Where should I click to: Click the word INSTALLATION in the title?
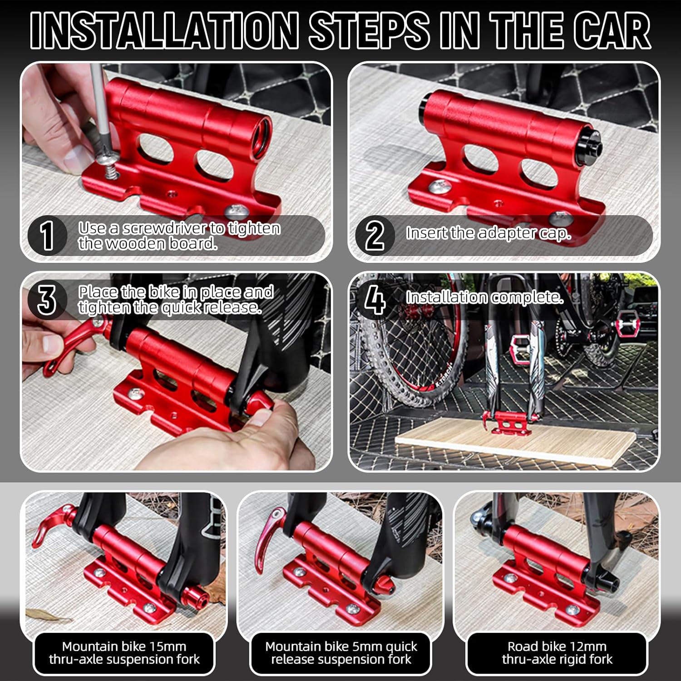pos(164,30)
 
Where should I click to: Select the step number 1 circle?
pos(47,235)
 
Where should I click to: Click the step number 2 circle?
pos(374,235)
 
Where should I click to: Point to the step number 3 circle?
pos(47,300)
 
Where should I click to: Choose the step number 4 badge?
pos(374,300)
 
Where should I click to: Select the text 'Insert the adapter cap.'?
pos(488,233)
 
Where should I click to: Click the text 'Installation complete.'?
pos(484,297)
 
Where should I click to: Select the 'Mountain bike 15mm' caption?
pos(124,646)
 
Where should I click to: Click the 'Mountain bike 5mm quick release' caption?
pos(341,653)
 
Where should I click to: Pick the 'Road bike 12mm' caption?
pos(557,646)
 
